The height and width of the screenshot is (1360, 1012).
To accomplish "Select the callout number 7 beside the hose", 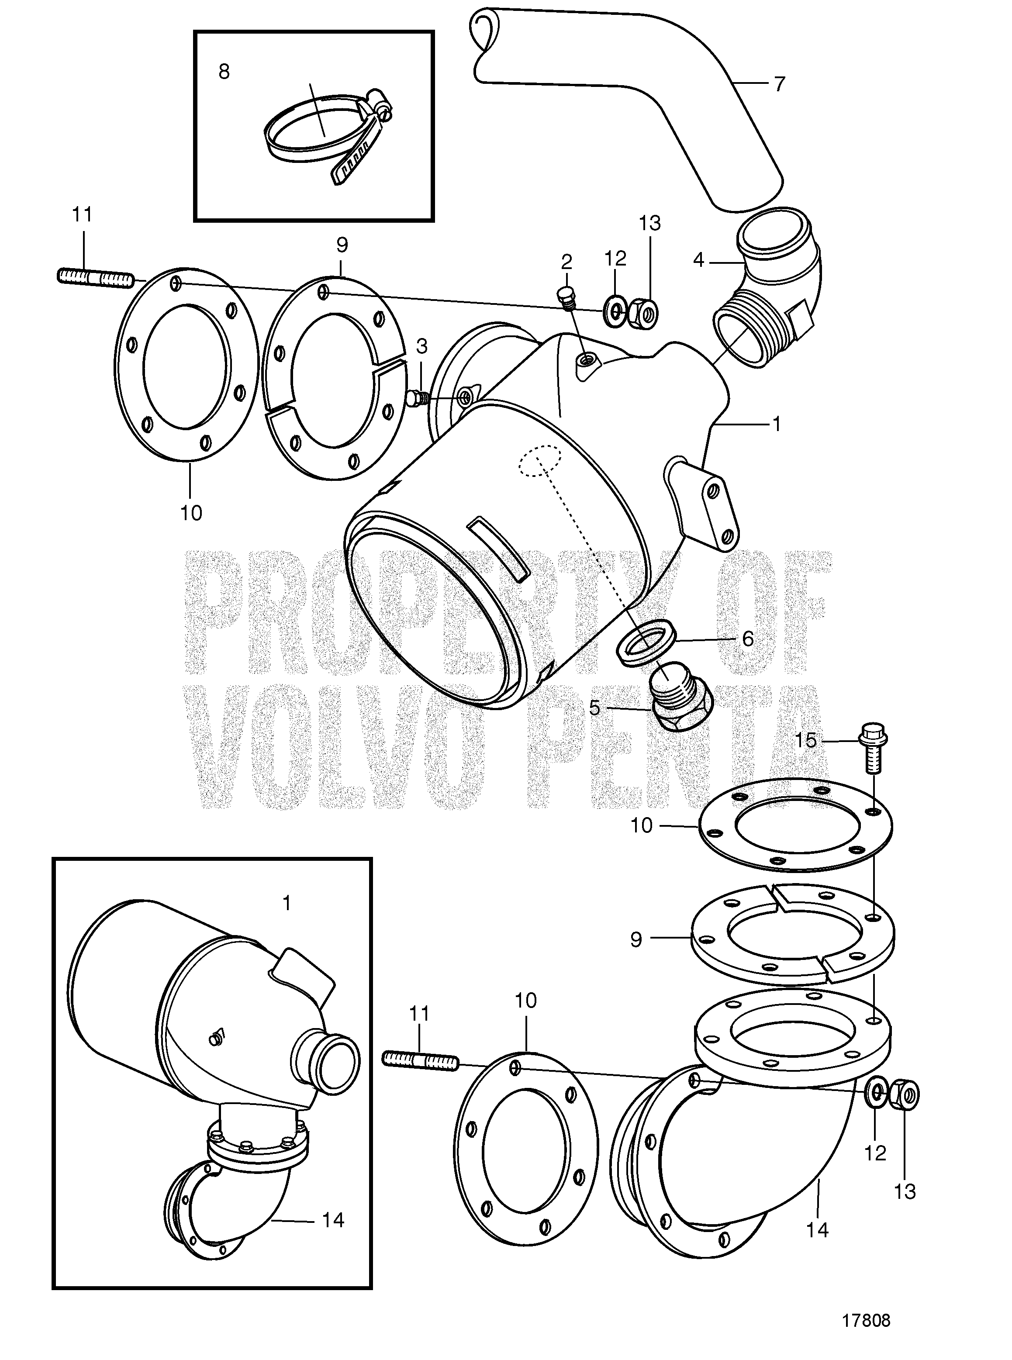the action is pos(779,84).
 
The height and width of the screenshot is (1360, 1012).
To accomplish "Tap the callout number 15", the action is pos(805,741).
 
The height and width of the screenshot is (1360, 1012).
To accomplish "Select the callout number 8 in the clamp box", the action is pos(224,72).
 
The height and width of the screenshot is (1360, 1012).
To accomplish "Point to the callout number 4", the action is pos(699,260).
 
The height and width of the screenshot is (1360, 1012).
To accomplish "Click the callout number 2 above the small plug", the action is pos(566,262).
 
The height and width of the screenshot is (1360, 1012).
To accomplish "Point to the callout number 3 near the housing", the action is pos(421,346).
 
